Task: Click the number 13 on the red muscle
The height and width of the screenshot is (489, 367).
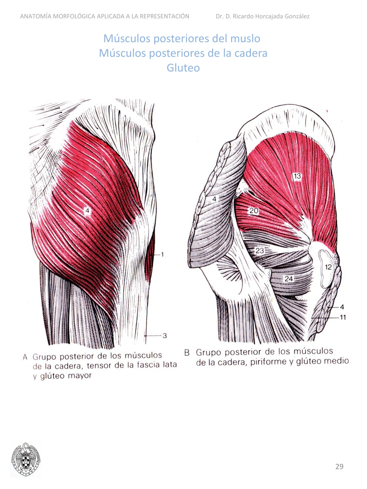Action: click(x=297, y=176)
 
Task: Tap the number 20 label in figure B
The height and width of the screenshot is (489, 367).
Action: click(x=254, y=211)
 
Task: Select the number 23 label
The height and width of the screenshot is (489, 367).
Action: click(x=259, y=251)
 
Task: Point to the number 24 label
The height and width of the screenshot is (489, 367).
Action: click(x=289, y=278)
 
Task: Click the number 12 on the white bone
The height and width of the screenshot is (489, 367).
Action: click(x=328, y=267)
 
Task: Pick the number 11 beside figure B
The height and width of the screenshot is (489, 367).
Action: click(x=343, y=317)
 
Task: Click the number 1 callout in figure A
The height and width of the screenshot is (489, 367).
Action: click(x=162, y=254)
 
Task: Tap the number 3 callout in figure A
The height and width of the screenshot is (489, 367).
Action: click(x=165, y=336)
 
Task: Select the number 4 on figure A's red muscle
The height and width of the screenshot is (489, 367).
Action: click(x=87, y=211)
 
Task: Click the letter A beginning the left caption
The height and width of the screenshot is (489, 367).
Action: click(x=25, y=357)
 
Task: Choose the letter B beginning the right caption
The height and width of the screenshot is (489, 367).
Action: click(x=187, y=353)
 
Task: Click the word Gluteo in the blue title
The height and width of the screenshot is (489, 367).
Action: click(x=183, y=68)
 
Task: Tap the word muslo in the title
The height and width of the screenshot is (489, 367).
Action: click(x=245, y=38)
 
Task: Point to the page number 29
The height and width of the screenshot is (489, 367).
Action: click(x=339, y=466)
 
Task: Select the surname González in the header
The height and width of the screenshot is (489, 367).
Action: click(x=295, y=16)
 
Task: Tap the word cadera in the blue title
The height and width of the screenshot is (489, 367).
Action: click(x=251, y=53)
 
